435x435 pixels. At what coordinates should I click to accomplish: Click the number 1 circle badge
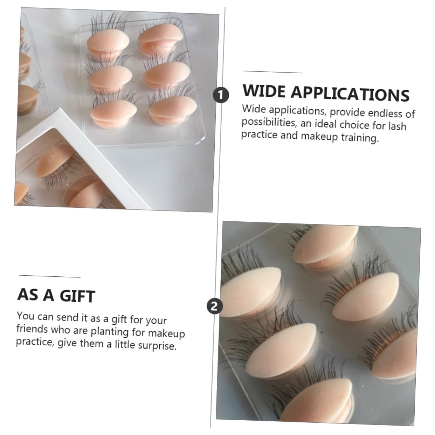tap(221, 96)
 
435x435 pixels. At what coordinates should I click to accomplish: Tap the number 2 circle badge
tap(214, 306)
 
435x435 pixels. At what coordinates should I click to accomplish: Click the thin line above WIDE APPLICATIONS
tap(273, 72)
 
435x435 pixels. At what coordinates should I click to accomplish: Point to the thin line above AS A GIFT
tap(50, 276)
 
